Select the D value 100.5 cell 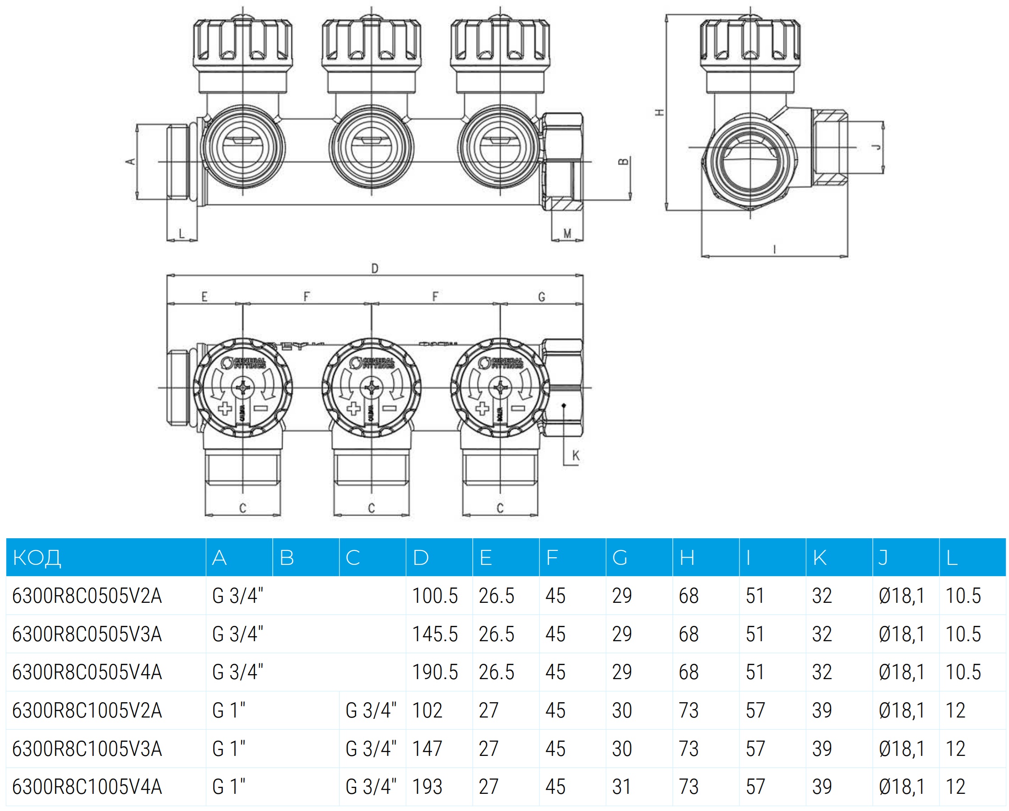[x=435, y=596]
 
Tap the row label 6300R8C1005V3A [x=87, y=749]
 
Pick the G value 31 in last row [x=622, y=787]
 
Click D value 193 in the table [x=427, y=787]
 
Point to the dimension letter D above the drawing [x=374, y=269]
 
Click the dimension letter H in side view [x=660, y=112]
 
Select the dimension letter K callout [x=576, y=455]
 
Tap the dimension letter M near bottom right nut [x=567, y=233]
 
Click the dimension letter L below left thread [x=181, y=233]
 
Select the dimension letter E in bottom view [x=204, y=297]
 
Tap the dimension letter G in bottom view [x=541, y=297]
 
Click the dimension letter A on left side [x=130, y=162]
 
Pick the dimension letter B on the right [x=623, y=162]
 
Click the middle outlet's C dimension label [x=371, y=508]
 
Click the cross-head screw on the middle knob [x=372, y=387]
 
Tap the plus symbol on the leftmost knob [x=225, y=408]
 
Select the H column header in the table [x=687, y=558]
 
